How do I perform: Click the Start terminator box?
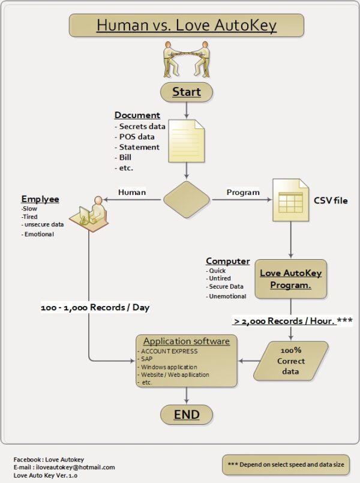186,92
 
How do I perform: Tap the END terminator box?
186,415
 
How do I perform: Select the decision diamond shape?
187,199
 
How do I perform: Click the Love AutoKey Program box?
290,279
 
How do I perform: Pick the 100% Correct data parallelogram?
291,361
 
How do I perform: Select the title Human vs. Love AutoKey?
186,25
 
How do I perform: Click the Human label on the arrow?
132,193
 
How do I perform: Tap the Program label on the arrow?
243,193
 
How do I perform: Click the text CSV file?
331,200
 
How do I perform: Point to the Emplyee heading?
40,199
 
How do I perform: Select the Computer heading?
228,261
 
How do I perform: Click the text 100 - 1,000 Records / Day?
95,308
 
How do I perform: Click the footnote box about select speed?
285,464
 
